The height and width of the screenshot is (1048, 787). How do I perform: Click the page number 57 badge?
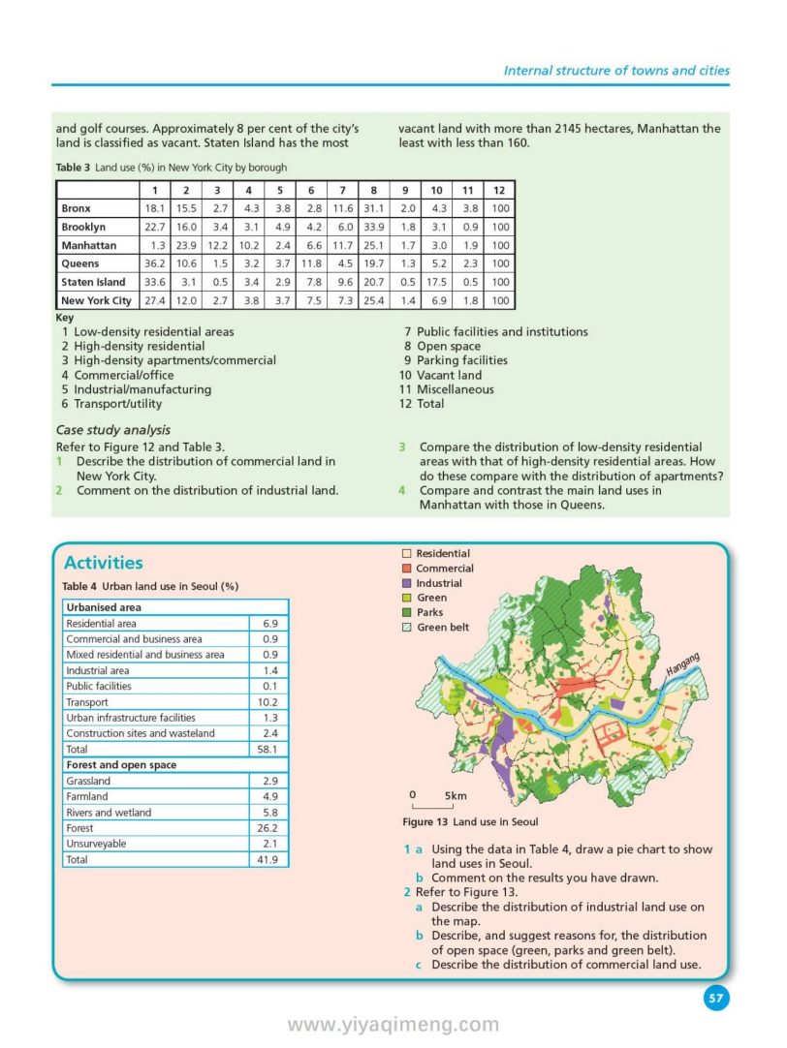716,998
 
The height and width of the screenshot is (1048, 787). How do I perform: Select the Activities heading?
103,563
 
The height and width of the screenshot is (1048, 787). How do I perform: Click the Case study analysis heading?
113,430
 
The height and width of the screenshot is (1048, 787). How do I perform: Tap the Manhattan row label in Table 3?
88,245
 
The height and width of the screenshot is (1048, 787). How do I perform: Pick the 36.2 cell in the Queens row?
154,263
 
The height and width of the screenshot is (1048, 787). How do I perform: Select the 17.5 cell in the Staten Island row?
437,282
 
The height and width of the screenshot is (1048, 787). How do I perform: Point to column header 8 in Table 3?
373,190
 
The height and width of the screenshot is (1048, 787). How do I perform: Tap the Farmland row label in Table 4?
87,796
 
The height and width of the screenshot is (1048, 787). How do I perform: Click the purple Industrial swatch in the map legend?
407,584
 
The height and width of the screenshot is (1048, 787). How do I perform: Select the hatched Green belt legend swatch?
407,628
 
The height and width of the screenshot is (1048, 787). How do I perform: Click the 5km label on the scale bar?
455,796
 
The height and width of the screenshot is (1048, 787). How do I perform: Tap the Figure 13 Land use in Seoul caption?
470,822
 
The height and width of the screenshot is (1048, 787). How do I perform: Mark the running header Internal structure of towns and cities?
616,70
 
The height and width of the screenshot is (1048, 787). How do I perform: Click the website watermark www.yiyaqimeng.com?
393,1025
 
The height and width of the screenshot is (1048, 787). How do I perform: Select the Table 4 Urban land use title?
150,587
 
